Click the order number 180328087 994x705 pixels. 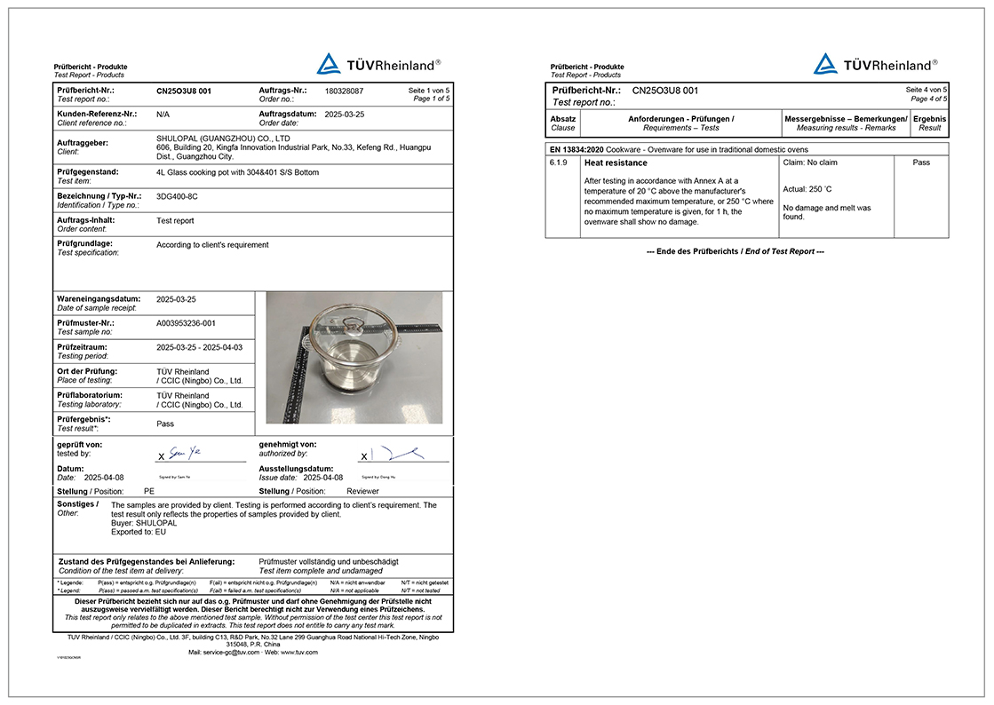345,91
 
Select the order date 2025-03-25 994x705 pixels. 344,115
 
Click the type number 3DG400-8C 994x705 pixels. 177,196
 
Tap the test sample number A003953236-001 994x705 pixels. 186,323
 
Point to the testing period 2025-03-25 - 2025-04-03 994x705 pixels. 199,347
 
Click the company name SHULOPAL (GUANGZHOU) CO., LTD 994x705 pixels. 223,139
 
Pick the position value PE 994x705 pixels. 149,491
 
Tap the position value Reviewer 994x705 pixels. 362,491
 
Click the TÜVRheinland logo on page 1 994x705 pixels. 378,64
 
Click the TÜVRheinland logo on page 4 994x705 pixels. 875,64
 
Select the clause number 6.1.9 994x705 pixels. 560,163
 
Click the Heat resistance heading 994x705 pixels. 616,163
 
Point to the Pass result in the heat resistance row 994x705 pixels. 921,163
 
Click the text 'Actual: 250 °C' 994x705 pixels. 807,189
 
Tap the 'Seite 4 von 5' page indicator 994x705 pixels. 926,91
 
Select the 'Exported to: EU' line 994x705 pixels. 139,532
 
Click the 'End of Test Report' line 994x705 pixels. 735,251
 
